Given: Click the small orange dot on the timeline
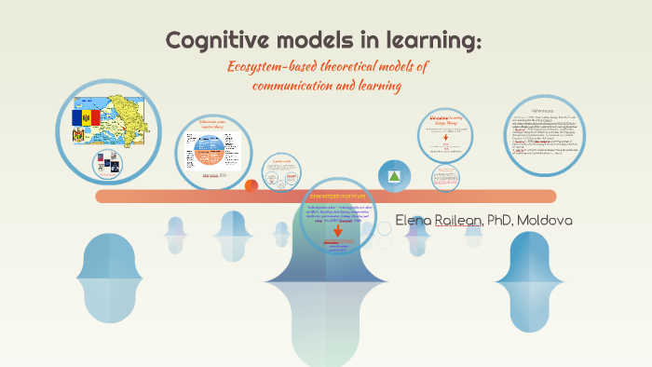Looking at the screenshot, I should pyautogui.click(x=251, y=185).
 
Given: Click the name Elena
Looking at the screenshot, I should pyautogui.click(x=416, y=221).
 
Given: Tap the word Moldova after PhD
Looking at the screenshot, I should pyautogui.click(x=552, y=221).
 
